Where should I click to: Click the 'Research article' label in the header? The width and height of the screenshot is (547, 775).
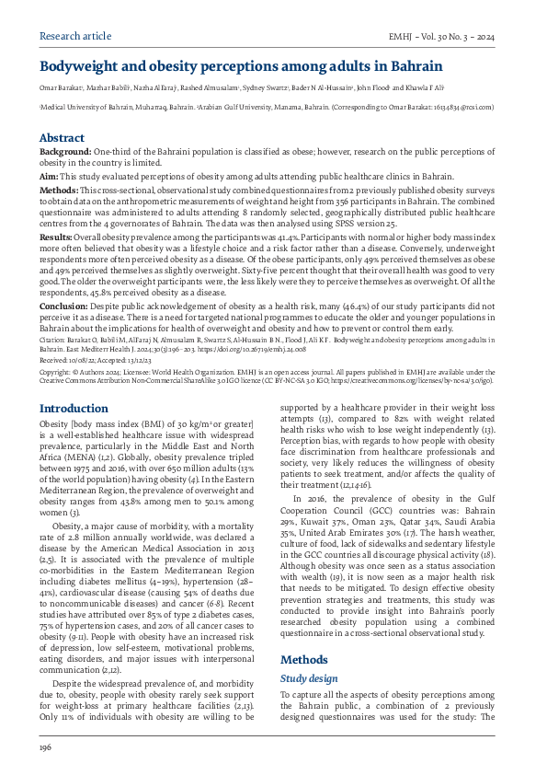coord(70,37)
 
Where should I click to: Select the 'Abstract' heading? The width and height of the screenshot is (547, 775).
coord(62,137)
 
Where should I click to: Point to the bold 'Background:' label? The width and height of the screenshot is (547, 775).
coord(65,150)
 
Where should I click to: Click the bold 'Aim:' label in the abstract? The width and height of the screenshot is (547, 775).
coord(49,175)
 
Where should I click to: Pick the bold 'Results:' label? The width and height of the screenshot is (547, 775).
coord(56,237)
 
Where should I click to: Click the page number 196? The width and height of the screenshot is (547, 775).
coord(45,748)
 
